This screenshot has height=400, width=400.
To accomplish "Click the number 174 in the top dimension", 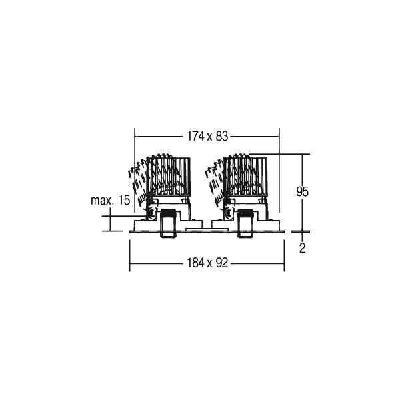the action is coord(195,136).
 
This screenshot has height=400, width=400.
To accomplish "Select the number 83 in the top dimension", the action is coord(222,136).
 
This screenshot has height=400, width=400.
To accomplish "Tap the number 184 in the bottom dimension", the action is coord(195,263).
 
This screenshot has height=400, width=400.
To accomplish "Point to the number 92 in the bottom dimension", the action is coord(222,263).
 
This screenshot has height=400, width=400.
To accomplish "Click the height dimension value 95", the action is coord(302,191).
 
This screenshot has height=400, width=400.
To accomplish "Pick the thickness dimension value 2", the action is coord(302,248).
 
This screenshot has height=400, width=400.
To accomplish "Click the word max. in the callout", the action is coord(102,201).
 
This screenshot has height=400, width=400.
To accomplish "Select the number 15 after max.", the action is coord(124,200).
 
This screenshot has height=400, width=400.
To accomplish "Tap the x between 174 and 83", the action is coord(210,138).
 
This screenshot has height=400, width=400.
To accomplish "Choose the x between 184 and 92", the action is coord(210,264).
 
